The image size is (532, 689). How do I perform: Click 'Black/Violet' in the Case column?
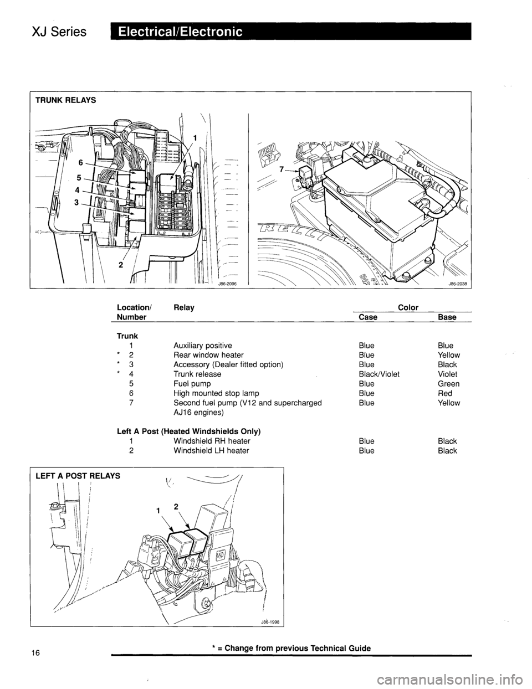tap(379, 374)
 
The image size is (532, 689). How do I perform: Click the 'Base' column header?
tap(447, 317)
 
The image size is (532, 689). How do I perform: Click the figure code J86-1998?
tap(271, 621)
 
